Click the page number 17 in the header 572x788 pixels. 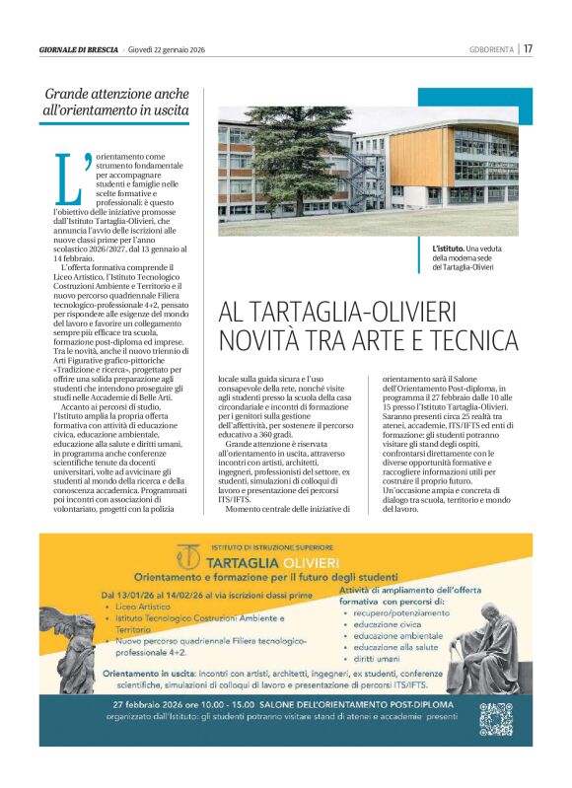click(528, 48)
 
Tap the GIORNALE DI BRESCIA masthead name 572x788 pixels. click(78, 48)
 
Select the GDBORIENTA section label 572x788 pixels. click(492, 48)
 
